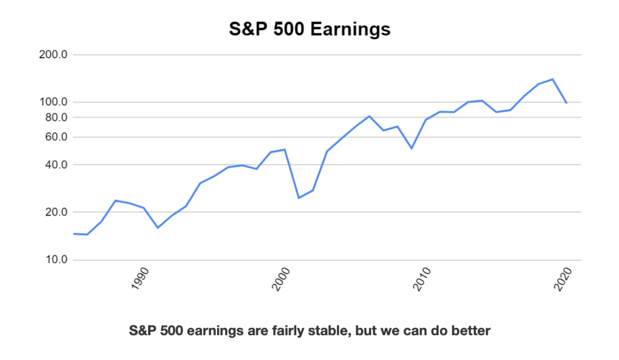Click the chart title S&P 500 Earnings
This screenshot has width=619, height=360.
[309, 29]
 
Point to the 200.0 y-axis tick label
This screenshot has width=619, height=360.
[53, 54]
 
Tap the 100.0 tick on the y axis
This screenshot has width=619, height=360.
[53, 101]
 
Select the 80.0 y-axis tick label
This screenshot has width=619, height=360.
[56, 117]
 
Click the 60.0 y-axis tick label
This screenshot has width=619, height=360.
[56, 137]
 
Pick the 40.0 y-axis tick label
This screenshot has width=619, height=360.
[56, 164]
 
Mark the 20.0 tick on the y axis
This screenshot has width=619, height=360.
[56, 212]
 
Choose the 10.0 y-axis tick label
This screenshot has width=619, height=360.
[56, 260]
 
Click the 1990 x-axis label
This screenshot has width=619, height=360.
[140, 279]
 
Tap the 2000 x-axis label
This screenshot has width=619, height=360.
[281, 279]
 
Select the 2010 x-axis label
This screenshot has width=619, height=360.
[422, 279]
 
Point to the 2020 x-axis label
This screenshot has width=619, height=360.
[563, 279]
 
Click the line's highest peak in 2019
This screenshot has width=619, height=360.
[553, 79]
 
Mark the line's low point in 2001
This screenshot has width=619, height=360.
[299, 198]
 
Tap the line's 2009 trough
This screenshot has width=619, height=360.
[412, 148]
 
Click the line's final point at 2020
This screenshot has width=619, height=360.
[567, 103]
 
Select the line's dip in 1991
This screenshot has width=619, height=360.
[158, 228]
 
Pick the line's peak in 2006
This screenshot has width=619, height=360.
[369, 117]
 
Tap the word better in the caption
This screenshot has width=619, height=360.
[471, 330]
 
